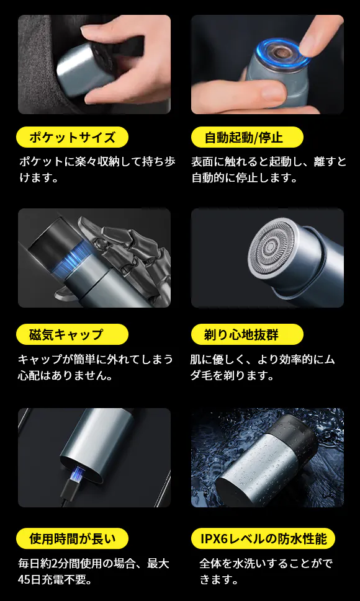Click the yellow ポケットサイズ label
point(72,137)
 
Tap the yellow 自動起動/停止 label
point(247,137)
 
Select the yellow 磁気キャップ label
point(72,335)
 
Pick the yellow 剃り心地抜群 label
point(247,335)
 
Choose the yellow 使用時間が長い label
point(72,538)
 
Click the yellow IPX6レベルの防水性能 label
point(263,538)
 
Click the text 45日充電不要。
point(55,579)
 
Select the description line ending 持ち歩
point(97,161)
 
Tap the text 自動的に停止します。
point(245,178)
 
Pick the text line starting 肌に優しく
point(263,360)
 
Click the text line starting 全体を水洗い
point(266,563)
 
